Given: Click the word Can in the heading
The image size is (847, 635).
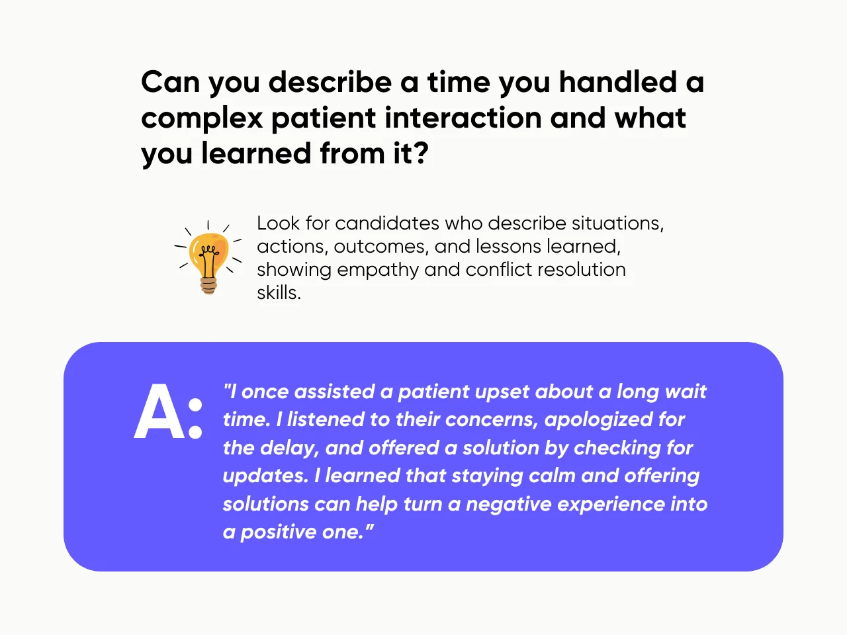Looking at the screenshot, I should click(170, 83).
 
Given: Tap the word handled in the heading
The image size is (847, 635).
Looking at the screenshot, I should click(618, 83).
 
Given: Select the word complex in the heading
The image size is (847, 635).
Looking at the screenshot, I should click(202, 119).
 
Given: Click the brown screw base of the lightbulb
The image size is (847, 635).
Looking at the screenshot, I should click(209, 285).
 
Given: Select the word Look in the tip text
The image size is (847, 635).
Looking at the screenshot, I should click(278, 224).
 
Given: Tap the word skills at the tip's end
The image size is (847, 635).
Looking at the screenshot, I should click(278, 292).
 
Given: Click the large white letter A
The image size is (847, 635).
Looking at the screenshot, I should click(159, 413).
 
